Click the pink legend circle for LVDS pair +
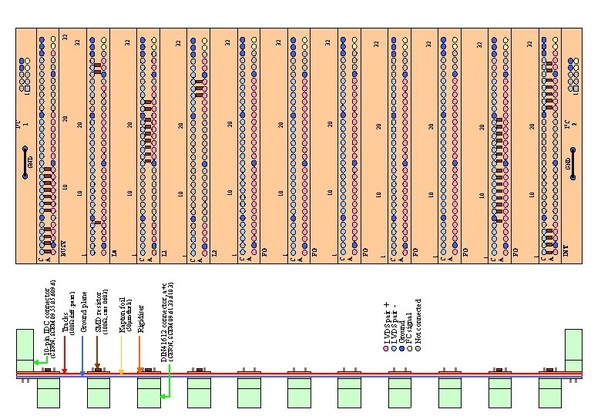pyautogui.click(x=386, y=349)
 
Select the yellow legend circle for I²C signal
pyautogui.click(x=411, y=349)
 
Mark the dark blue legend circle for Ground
pyautogui.click(x=402, y=349)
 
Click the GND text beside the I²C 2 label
pyautogui.click(x=569, y=163)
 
